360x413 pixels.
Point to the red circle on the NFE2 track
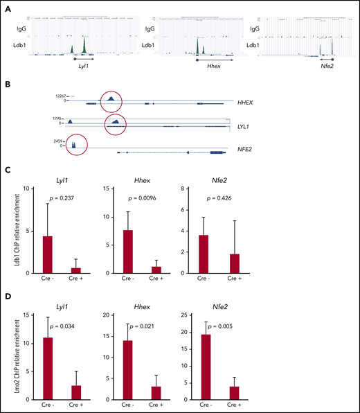coord(75,146)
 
